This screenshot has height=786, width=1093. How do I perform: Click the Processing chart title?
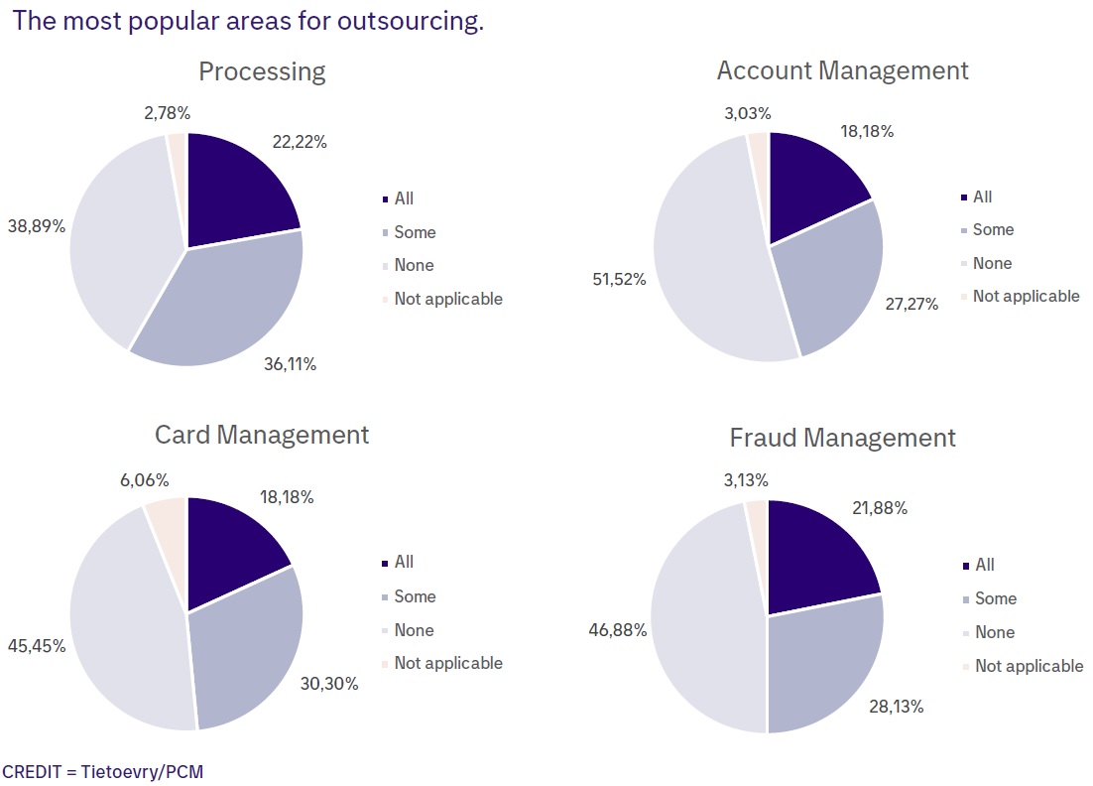[x=262, y=71]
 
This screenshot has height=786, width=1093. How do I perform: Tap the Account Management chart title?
[x=842, y=70]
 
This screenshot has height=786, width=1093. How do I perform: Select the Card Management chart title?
[x=262, y=435]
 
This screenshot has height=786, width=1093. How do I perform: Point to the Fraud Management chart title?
[x=842, y=438]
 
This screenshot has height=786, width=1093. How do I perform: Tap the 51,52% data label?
[x=620, y=279]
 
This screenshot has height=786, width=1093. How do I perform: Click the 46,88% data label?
[x=620, y=629]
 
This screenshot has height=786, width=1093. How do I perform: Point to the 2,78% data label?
[x=167, y=113]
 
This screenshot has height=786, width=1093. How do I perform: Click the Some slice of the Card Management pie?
[x=248, y=645]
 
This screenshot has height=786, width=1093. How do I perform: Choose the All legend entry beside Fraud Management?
[x=984, y=565]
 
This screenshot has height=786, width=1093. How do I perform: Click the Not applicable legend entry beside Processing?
[x=447, y=299]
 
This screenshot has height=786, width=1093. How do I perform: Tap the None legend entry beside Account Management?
[x=992, y=263]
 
